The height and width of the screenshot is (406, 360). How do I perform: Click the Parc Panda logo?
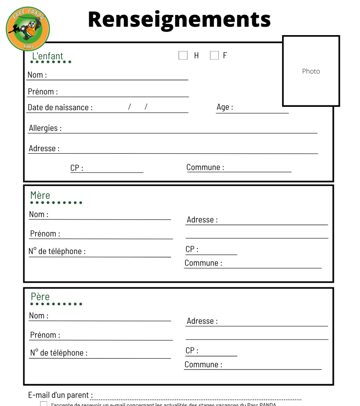(x=28, y=29)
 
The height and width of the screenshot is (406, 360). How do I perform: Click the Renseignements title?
(x=179, y=19)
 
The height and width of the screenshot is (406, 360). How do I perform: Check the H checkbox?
(x=183, y=55)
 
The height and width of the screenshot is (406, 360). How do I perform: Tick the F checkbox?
(x=215, y=55)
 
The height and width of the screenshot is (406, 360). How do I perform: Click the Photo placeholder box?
(x=311, y=71)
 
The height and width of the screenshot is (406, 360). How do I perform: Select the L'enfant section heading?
(x=47, y=57)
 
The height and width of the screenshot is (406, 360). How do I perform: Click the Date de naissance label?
(x=60, y=107)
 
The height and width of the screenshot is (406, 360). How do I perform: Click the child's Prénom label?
(x=43, y=91)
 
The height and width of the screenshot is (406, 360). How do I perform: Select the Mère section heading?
(x=40, y=195)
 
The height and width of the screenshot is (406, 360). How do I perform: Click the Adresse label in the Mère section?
(x=202, y=219)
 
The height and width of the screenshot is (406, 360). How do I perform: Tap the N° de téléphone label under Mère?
(x=57, y=251)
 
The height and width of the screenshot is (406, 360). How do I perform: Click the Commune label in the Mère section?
(x=203, y=263)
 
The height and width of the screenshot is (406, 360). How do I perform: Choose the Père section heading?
(x=40, y=297)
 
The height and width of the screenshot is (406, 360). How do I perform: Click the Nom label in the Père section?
(x=38, y=316)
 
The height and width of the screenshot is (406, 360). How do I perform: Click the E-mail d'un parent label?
(x=60, y=395)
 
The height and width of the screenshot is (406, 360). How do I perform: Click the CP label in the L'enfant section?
(x=77, y=168)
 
